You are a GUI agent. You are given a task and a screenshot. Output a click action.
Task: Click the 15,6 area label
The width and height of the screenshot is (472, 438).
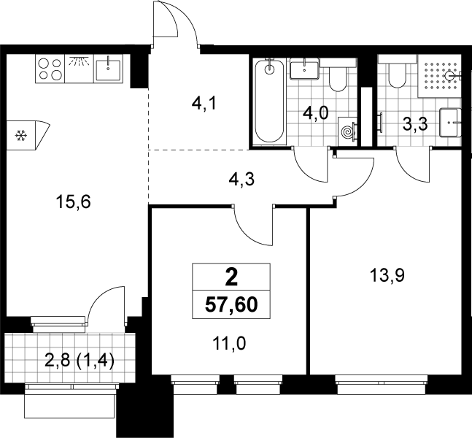(x=73, y=201)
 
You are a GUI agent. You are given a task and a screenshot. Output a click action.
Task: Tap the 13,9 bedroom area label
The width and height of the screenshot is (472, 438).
(x=387, y=275)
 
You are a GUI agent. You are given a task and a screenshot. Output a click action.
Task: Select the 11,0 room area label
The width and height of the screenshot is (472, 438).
(x=229, y=343)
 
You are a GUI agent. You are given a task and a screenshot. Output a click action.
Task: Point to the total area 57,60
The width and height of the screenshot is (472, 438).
(x=231, y=305)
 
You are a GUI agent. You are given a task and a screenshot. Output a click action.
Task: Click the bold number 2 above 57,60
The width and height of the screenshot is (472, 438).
(x=231, y=277)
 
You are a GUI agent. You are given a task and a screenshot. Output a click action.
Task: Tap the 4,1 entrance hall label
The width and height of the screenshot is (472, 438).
(x=204, y=104)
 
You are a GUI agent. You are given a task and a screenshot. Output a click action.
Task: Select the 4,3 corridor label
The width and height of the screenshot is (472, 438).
(x=241, y=180)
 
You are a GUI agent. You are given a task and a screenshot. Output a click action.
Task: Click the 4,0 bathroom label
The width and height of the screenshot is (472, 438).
(x=315, y=114)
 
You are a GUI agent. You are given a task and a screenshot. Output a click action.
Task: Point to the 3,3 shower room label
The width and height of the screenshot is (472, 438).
(x=415, y=124)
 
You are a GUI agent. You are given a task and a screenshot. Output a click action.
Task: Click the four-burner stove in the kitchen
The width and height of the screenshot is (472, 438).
(x=50, y=69)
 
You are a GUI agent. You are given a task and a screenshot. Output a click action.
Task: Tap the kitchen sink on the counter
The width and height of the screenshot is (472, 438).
(x=108, y=69)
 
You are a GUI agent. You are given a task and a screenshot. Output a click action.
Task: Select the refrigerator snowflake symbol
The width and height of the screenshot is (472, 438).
(x=21, y=136)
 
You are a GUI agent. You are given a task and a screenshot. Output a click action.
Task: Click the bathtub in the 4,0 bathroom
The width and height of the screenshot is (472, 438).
(x=269, y=101)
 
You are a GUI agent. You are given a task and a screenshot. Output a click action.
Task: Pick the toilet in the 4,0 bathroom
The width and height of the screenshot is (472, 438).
(x=338, y=74)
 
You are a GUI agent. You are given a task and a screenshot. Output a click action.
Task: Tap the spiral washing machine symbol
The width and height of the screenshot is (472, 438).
(x=348, y=131)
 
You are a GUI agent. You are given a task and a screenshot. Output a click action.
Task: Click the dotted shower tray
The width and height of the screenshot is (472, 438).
(x=439, y=76)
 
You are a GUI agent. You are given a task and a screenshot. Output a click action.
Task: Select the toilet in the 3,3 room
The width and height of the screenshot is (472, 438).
(x=398, y=72)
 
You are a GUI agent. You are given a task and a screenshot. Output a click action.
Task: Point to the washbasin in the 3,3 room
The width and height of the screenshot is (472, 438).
(x=450, y=123)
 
